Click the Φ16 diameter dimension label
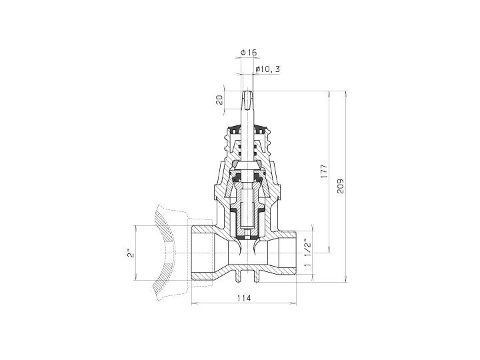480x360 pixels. tap(249, 53)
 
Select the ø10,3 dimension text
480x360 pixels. tap(267, 69)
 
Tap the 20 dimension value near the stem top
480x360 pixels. tap(219, 100)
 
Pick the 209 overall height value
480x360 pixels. tap(341, 186)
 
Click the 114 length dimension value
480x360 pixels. tap(244, 297)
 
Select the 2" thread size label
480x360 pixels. tap(131, 253)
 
